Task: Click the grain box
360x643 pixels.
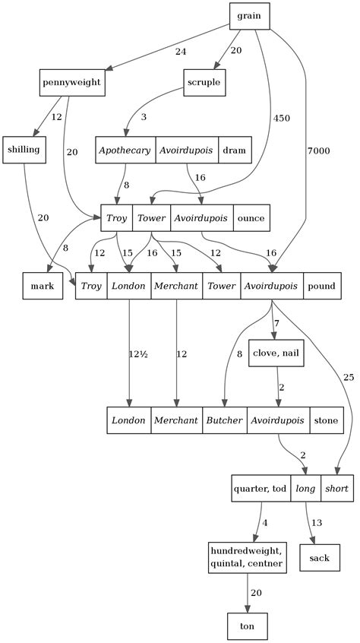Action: [x=249, y=17]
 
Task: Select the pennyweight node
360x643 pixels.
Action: [x=72, y=82]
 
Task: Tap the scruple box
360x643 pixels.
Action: [x=204, y=82]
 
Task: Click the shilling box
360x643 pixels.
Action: [x=24, y=150]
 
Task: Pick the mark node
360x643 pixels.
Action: [x=43, y=286]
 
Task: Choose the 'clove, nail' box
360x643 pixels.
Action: [x=276, y=353]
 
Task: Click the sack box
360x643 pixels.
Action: [x=320, y=558]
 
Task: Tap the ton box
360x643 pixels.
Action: [x=247, y=626]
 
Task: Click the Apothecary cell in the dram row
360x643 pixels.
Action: [x=125, y=150]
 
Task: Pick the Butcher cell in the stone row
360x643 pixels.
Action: [x=225, y=420]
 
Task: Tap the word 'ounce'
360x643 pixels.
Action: [x=251, y=218]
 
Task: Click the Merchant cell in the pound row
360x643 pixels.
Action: [x=176, y=286]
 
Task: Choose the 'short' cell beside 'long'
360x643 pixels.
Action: [x=337, y=489]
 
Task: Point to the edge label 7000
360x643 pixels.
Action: [x=318, y=151]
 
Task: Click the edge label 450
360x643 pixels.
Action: [x=281, y=118]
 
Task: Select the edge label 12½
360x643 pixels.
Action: [x=138, y=354]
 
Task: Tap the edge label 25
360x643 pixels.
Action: [x=349, y=377]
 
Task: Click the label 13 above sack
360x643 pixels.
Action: [x=317, y=522]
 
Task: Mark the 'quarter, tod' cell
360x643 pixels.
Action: [x=261, y=489]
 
